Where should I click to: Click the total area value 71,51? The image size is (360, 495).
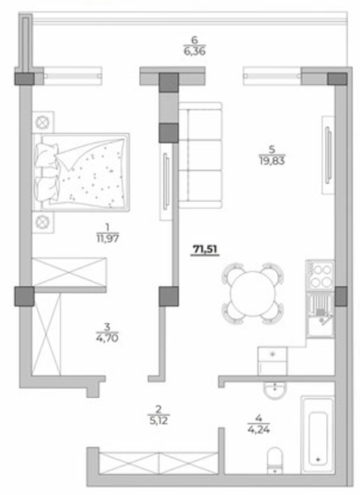pos(205,250)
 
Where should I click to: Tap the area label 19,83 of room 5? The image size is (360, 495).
pos(272,161)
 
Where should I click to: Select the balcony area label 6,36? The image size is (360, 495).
pos(194,51)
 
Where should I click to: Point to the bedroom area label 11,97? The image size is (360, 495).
pos(108,238)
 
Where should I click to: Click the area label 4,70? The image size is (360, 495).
pos(107,338)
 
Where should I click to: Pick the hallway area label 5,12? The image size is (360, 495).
pos(158,420)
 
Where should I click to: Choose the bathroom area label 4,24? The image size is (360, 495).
pos(259,430)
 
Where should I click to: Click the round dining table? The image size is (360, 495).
pos(253,294)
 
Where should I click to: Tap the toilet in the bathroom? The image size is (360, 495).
pos(275,460)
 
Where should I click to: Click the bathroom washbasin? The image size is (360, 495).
pos(275,390)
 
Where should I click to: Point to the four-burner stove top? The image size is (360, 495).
pos(320,274)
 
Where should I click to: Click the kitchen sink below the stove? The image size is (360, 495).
pos(320,314)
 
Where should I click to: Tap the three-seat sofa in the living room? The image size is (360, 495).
pos(200,155)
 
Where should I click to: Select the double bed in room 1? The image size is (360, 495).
pos(81,172)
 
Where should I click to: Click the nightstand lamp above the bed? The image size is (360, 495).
pos(43,122)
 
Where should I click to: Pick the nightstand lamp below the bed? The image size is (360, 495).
pos(43,222)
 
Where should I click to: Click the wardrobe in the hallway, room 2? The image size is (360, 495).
pos(158,463)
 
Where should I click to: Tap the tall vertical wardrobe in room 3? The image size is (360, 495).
pos(46,335)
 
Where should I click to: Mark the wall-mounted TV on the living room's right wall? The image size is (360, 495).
pos(328,155)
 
